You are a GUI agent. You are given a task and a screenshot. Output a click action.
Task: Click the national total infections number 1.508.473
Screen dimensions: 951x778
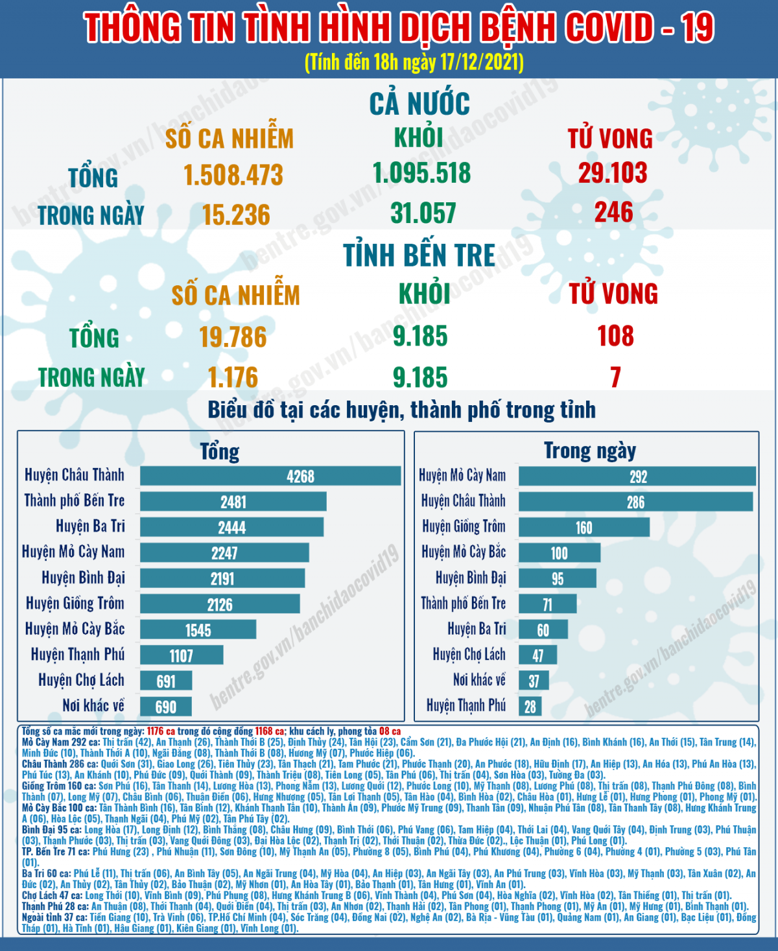point(233,174)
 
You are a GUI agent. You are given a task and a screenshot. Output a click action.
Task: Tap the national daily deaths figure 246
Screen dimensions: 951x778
point(613,212)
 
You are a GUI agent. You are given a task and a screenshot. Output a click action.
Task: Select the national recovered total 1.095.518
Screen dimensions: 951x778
point(421,173)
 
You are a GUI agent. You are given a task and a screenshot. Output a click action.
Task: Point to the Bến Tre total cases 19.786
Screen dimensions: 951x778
point(233,337)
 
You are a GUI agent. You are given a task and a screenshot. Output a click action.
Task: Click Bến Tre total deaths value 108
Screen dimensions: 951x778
point(615,336)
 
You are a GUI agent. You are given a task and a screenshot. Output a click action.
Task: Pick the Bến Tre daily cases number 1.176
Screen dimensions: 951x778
point(233,377)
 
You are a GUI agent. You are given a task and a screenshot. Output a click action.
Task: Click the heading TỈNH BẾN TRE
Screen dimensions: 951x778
point(419,255)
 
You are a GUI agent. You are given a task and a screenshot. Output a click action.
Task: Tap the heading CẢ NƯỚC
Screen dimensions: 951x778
point(419,104)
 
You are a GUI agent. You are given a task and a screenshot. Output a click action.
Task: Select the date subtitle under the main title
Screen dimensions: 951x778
point(414,62)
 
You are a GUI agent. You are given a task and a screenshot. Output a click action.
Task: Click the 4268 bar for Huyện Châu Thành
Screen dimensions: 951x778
point(270,476)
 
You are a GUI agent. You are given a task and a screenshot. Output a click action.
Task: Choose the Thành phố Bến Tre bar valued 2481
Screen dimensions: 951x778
point(233,502)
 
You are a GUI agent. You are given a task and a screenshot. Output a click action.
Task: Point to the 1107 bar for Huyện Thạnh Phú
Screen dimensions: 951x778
point(182,655)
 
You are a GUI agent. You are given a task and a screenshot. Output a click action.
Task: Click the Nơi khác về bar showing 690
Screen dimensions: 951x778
point(166,707)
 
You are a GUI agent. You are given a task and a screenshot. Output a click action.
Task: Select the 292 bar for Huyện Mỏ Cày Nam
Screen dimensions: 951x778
point(637,477)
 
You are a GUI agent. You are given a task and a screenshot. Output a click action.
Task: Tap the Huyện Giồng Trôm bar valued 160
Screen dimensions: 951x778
point(583,528)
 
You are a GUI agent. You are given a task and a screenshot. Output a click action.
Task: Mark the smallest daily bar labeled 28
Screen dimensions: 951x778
point(530,707)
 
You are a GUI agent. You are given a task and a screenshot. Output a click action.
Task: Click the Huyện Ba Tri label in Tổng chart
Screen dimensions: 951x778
point(90,526)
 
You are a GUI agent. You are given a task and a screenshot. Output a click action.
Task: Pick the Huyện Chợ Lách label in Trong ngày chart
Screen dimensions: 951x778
point(469,655)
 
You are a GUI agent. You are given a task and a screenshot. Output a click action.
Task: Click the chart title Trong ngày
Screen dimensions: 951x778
point(589,451)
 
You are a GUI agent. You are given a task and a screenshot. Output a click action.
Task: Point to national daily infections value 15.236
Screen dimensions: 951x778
point(236,215)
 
